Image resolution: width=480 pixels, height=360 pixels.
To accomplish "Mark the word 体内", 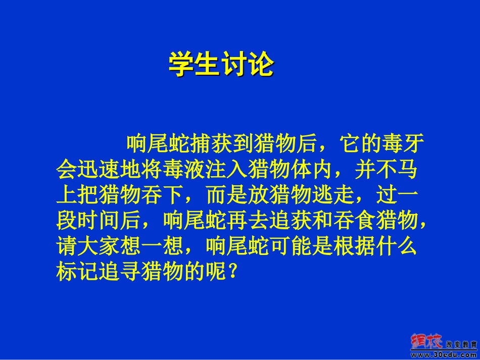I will [x=312, y=170].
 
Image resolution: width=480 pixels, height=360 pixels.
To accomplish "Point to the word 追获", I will [x=291, y=221].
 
